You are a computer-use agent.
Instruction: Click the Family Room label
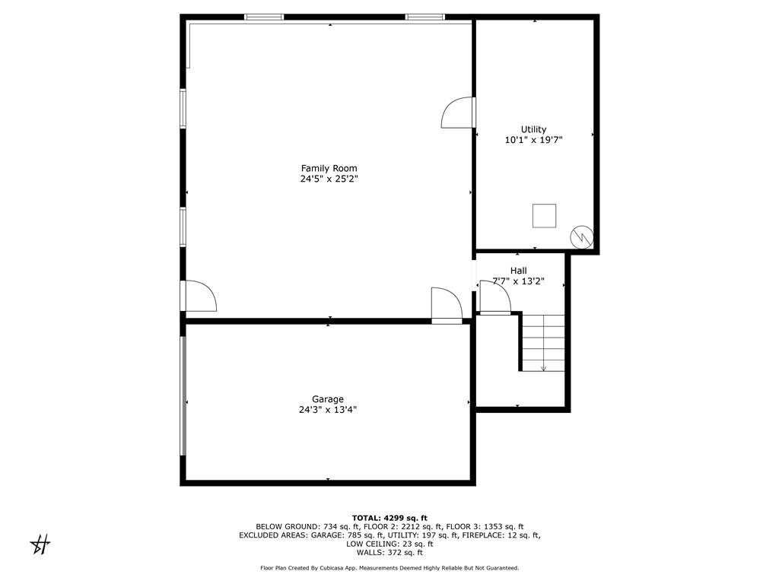[329, 168]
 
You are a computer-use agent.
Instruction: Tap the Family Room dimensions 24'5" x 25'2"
[329, 179]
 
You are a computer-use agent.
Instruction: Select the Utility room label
[533, 129]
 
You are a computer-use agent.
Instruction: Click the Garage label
[327, 398]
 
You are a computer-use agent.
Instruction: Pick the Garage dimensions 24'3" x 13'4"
[327, 410]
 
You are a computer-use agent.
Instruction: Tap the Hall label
[518, 270]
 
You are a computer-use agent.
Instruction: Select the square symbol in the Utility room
[544, 215]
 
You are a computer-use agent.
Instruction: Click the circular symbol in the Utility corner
[582, 236]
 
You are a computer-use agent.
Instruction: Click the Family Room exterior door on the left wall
[199, 296]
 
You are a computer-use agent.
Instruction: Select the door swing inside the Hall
[494, 297]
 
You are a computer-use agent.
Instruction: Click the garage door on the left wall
[183, 395]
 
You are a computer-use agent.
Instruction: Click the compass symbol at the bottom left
[40, 544]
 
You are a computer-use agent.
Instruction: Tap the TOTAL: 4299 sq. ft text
[389, 518]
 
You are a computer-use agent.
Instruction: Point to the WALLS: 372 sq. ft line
[389, 552]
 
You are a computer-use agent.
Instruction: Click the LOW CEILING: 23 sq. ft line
[389, 544]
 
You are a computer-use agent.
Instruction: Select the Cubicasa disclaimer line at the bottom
[389, 568]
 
